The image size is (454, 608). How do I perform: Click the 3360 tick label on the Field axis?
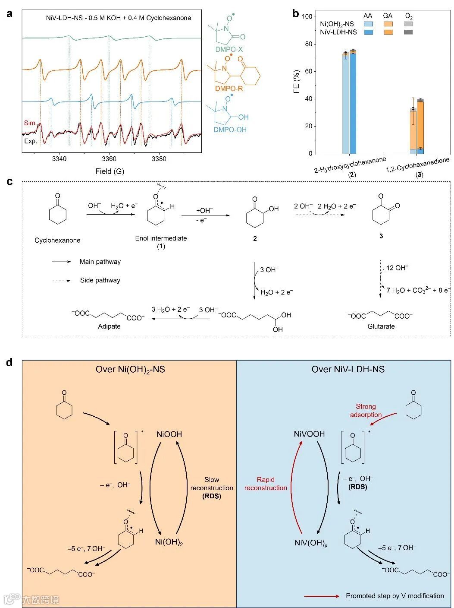109,158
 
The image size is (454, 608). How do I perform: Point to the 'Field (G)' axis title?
110,171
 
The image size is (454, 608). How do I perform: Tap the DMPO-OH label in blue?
230,130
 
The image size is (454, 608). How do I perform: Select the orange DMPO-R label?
229,89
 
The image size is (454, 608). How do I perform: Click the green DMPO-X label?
229,50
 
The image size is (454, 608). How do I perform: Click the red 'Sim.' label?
30,123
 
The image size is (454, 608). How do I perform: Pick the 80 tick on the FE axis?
308,44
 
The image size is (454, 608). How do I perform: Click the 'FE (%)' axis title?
296,82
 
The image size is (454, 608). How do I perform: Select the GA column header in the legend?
388,16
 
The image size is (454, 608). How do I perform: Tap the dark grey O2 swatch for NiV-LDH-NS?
408,32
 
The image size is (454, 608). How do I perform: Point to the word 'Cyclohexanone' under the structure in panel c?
57,240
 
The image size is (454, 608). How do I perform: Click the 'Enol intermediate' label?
161,238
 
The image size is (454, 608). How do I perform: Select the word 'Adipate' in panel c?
109,326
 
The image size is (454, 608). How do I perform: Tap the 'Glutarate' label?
381,326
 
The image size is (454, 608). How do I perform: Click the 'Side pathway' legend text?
100,280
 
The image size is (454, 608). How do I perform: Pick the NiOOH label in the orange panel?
169,434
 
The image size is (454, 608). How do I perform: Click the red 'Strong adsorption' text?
366,410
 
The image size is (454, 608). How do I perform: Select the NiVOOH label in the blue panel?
309,434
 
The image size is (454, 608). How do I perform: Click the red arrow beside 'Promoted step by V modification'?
322,596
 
